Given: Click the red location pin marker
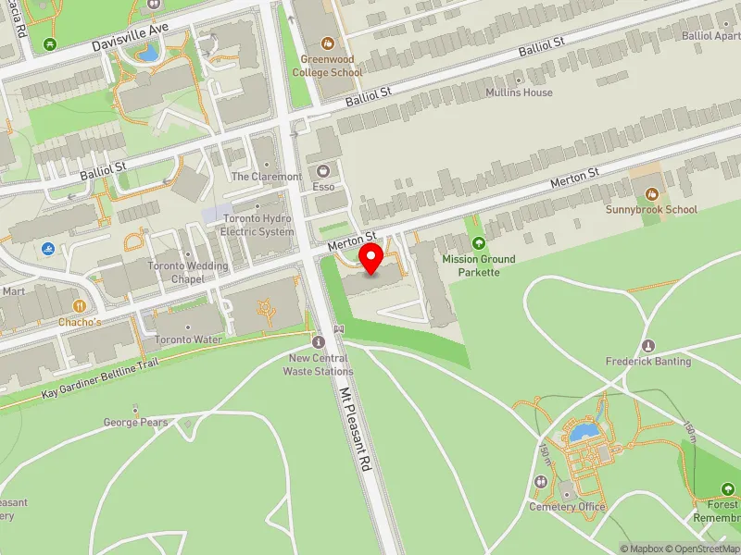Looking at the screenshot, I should click(371, 258).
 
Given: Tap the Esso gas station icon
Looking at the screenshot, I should click(323, 171).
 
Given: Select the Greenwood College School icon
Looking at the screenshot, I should click(327, 43).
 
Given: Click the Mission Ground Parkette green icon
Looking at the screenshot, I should click(479, 243).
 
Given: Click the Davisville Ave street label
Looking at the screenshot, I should click(131, 37).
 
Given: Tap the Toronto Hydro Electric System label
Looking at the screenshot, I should click(258, 226).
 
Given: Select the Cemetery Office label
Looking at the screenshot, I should click(567, 507).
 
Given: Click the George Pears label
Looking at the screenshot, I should click(135, 423).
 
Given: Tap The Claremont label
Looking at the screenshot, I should click(266, 177).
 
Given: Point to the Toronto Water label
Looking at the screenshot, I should click(188, 339).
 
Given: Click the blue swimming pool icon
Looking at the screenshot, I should click(48, 249).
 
